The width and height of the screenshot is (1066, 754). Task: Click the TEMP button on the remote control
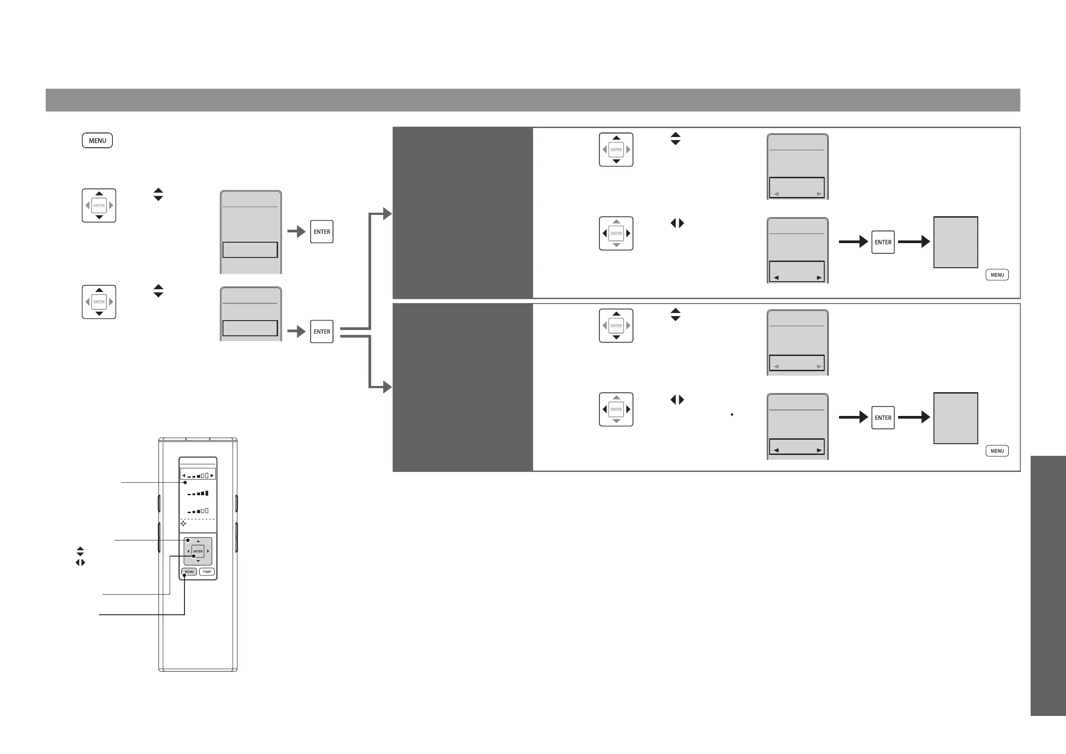click(206, 571)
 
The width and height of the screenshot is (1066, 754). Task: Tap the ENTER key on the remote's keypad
click(198, 551)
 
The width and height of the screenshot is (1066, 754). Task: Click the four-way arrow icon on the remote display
click(184, 523)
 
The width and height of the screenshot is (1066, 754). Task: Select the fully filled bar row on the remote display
click(198, 493)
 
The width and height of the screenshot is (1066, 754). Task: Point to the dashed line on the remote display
click(198, 519)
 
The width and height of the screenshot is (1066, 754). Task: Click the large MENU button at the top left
click(97, 141)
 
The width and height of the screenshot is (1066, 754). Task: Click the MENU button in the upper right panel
click(997, 275)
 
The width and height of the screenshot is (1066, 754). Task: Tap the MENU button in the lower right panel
click(997, 451)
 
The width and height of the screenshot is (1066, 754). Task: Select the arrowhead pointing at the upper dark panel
click(387, 214)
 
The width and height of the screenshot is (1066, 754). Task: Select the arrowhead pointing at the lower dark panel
click(387, 387)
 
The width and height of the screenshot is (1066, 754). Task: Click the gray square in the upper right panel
click(955, 242)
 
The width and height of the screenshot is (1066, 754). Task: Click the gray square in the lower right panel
click(955, 418)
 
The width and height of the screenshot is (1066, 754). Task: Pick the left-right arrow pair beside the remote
click(80, 563)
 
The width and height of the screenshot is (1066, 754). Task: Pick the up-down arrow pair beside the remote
click(80, 552)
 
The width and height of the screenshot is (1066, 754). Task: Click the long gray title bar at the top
click(532, 100)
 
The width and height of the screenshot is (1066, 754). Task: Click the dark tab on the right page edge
click(1048, 586)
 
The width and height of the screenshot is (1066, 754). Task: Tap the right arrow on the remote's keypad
click(208, 551)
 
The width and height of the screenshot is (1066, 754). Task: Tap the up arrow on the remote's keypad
click(198, 541)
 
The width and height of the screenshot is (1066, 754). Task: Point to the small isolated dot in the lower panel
click(732, 414)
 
